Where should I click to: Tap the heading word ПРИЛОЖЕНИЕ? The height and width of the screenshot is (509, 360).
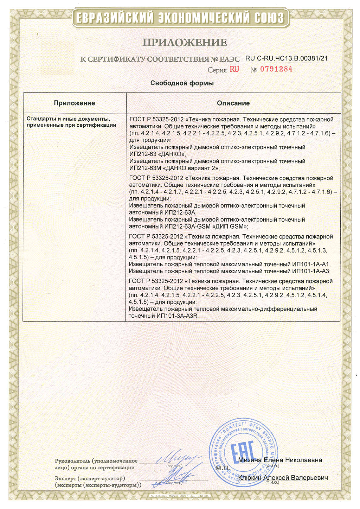185,43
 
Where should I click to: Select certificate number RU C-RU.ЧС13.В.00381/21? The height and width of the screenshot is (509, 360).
287,58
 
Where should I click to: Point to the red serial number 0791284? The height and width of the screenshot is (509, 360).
276,69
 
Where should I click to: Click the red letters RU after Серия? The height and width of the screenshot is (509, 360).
234,69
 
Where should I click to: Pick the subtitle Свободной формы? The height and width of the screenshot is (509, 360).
182,83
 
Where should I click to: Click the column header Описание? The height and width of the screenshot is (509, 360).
233,103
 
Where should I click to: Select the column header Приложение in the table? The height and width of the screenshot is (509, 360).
75,103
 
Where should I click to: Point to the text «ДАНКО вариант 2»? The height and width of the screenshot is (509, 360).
191,168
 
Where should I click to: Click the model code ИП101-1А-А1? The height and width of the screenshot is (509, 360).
311,264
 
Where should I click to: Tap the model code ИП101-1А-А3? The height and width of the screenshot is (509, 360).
311,271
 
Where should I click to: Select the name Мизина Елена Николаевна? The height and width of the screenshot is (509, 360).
280,460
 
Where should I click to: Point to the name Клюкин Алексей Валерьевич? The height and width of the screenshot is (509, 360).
283,478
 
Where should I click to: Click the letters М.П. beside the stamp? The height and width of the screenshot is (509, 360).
222,468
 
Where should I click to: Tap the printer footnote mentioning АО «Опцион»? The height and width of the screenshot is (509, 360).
180,496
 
